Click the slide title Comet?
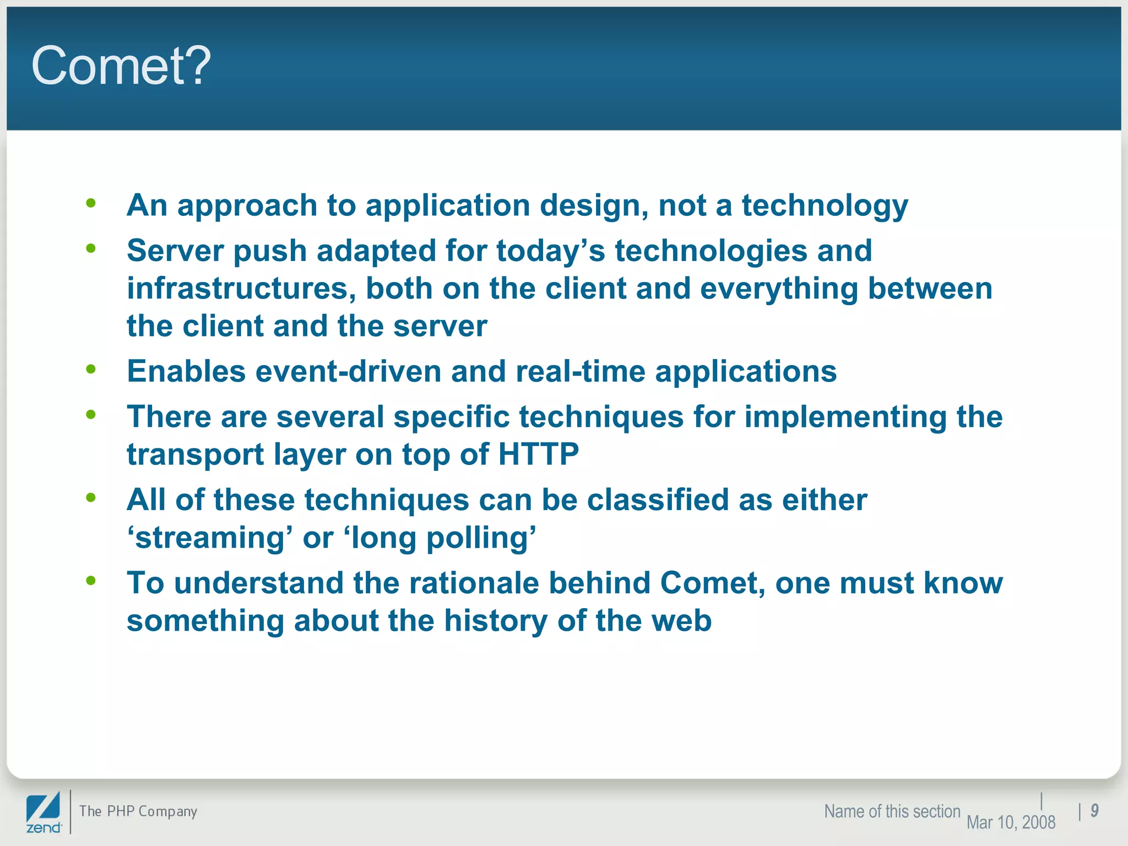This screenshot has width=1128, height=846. coord(121,66)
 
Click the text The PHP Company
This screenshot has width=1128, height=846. coord(138,811)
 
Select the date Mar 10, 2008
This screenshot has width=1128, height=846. coord(1011,822)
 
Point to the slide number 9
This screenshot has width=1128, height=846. coord(1094,810)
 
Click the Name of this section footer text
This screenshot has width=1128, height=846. coord(892,811)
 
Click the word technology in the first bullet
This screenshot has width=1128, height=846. coord(825,206)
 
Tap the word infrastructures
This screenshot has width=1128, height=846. coord(241,289)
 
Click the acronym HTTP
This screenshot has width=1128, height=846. coord(538,454)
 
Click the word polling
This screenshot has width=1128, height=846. coord(481,539)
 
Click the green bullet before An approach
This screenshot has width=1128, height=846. coord(91,203)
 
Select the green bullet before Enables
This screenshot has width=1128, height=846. coord(91,369)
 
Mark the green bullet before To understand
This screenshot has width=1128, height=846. coord(91,581)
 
